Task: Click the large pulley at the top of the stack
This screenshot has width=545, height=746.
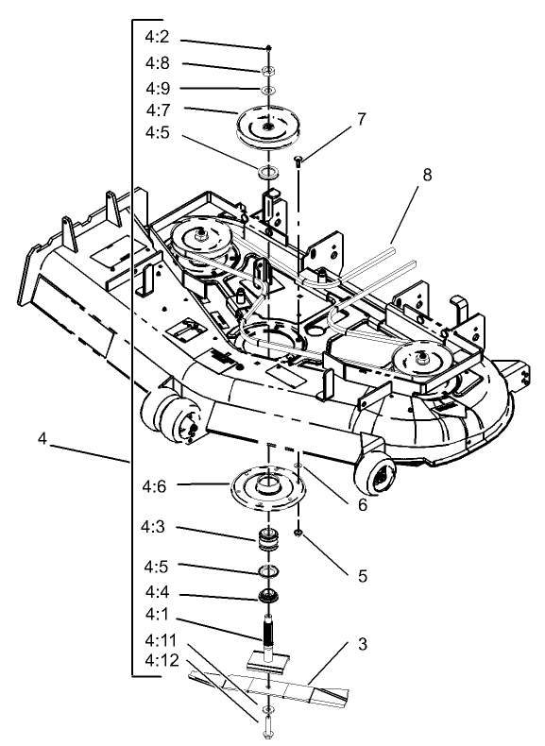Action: click(268, 125)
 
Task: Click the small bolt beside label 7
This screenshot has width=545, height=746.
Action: click(298, 162)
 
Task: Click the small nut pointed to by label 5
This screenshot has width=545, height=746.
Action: click(298, 534)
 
